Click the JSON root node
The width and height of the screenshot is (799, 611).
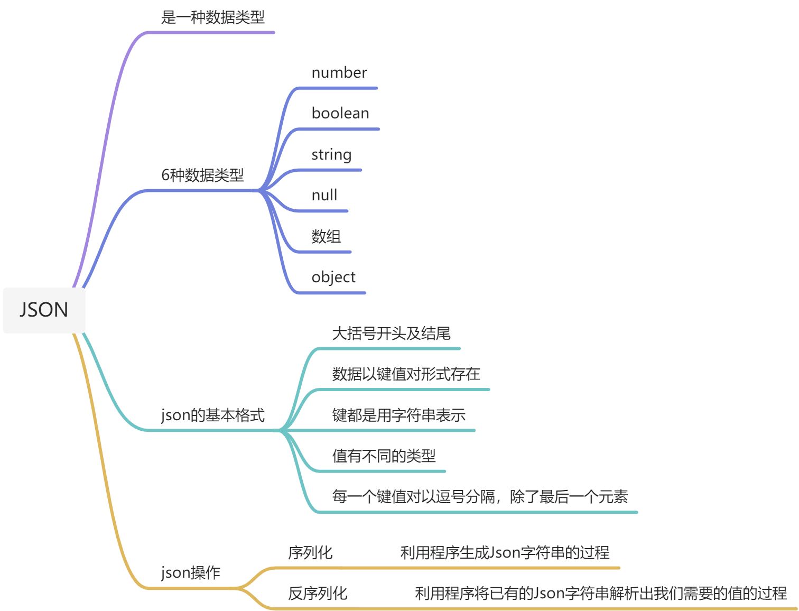44,310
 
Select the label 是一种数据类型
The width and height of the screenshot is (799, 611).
212,17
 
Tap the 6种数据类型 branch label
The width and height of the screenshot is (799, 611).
202,175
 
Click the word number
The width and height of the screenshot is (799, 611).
339,72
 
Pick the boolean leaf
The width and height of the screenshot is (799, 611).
340,113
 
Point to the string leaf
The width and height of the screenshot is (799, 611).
331,154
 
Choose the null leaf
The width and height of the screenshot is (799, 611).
324,195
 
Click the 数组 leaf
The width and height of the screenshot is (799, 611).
326,236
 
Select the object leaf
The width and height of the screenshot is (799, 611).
333,277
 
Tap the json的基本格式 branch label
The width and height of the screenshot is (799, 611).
212,415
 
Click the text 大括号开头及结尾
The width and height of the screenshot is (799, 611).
391,334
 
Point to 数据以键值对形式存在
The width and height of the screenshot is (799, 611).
406,374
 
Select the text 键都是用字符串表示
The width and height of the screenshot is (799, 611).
398,415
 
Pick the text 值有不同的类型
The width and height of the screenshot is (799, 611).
384,456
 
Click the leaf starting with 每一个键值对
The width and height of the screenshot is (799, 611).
480,497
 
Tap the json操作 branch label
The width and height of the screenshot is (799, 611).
190,572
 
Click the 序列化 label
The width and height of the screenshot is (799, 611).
310,553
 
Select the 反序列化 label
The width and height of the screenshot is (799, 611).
318,594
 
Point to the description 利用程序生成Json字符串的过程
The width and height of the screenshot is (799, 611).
505,553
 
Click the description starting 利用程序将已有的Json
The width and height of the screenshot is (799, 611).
601,594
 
